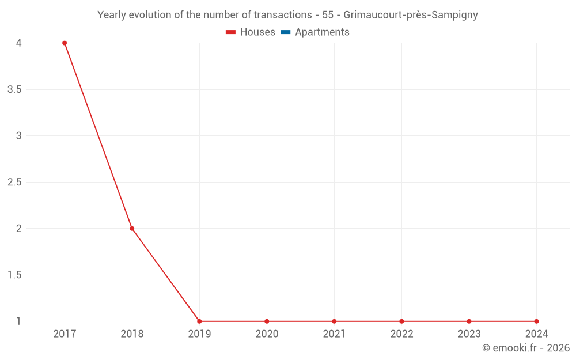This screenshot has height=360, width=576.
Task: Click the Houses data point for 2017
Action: pos(65,43)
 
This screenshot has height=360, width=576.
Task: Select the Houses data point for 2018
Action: pos(132,229)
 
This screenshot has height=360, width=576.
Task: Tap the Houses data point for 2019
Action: pos(199,321)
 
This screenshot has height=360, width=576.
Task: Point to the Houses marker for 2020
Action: pos(267,321)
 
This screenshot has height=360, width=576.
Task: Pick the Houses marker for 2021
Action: pos(334,321)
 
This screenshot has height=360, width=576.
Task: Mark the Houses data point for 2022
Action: pos(401,321)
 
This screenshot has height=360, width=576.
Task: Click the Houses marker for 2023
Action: pos(469,321)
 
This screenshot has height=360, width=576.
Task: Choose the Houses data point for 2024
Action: pos(536,321)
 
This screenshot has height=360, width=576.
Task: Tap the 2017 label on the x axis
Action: pos(65,334)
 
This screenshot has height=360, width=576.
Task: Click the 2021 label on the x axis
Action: pos(334,334)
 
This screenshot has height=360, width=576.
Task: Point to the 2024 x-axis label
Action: pos(536,334)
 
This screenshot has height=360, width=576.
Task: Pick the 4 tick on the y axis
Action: pos(18,43)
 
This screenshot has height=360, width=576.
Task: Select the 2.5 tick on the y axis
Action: pos(14,183)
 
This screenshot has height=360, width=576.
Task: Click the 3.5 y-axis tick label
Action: pos(14,90)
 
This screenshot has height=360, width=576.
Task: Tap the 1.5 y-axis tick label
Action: pos(14,275)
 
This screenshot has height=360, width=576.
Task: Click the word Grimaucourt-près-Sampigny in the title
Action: pos(410,15)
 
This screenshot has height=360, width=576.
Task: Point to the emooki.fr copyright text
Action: pos(525,348)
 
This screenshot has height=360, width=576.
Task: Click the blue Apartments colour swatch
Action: pos(285,32)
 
